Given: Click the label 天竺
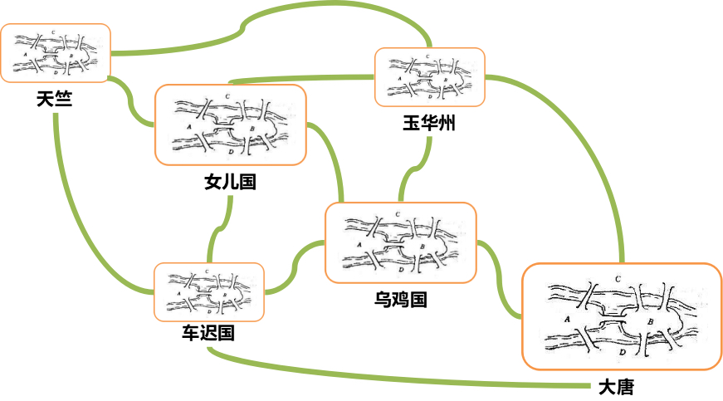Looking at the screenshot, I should click(x=54, y=100).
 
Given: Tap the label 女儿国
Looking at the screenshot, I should click(x=230, y=182).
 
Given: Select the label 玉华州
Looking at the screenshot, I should click(x=429, y=124).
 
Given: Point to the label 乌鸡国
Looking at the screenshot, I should click(x=400, y=299).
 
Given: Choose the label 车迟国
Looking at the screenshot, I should click(x=208, y=334).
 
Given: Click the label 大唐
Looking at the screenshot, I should click(x=616, y=387).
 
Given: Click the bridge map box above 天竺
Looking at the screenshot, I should click(x=56, y=52).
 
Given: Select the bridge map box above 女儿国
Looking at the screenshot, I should click(x=230, y=125).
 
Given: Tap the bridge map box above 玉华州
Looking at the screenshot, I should click(x=429, y=77).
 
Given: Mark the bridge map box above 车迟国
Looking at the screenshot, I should click(x=209, y=292).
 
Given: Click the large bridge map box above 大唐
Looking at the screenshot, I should click(x=620, y=315).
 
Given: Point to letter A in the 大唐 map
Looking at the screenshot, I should click(x=567, y=319).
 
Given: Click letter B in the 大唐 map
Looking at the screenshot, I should click(x=650, y=320).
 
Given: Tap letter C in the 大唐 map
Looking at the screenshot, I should click(x=618, y=277).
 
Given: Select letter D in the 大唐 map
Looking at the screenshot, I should click(x=623, y=353).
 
